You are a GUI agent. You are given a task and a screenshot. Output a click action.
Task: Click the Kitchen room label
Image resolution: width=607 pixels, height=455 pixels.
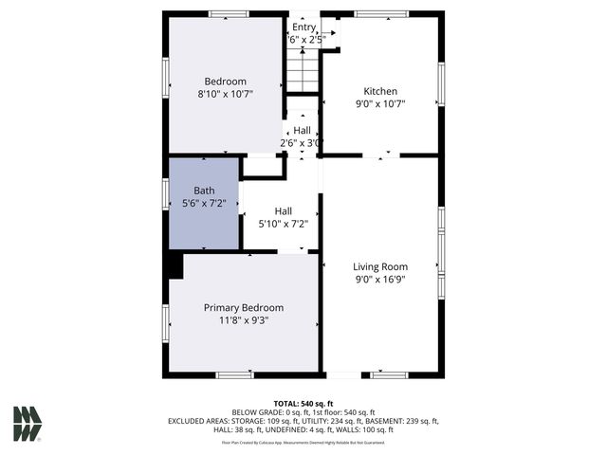(380, 92)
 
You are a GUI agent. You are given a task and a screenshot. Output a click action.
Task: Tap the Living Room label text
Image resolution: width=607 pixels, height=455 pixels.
(380, 266)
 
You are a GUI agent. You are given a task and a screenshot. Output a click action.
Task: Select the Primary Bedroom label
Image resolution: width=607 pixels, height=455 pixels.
(244, 308)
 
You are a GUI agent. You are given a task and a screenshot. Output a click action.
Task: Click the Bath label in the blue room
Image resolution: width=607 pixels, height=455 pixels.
(204, 190)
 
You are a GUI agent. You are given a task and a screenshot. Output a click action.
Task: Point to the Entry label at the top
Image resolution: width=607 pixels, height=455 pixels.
(303, 27)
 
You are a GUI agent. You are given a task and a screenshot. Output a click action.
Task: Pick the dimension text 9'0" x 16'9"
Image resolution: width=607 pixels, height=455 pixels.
(380, 280)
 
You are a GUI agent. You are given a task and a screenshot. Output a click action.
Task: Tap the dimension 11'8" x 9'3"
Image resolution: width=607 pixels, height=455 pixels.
(244, 320)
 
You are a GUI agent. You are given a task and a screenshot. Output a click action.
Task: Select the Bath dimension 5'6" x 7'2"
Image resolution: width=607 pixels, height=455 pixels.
(204, 203)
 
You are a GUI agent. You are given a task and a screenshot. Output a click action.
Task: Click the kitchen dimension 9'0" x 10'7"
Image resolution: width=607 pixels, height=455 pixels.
(380, 105)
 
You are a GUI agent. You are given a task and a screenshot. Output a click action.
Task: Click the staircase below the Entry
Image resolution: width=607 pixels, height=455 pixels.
(303, 71)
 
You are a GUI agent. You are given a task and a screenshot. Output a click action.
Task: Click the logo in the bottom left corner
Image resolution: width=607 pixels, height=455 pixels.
(28, 424)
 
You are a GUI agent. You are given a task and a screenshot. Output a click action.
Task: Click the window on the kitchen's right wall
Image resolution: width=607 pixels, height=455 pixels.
(441, 83)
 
